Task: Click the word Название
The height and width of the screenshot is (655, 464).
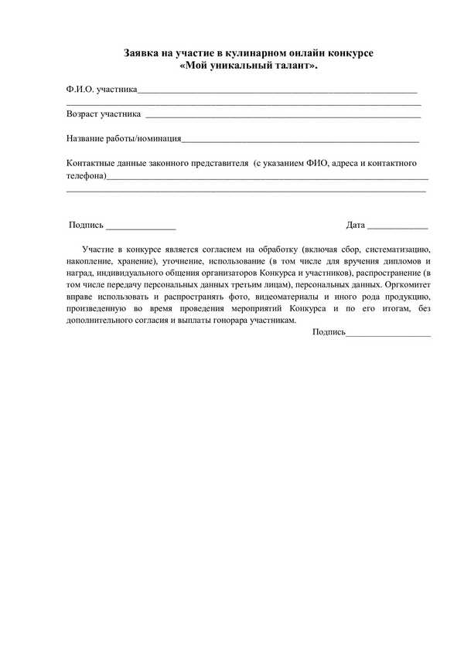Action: (87, 139)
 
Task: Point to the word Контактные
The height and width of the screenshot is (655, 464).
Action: (92, 164)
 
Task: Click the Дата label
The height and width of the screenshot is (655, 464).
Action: (356, 226)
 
